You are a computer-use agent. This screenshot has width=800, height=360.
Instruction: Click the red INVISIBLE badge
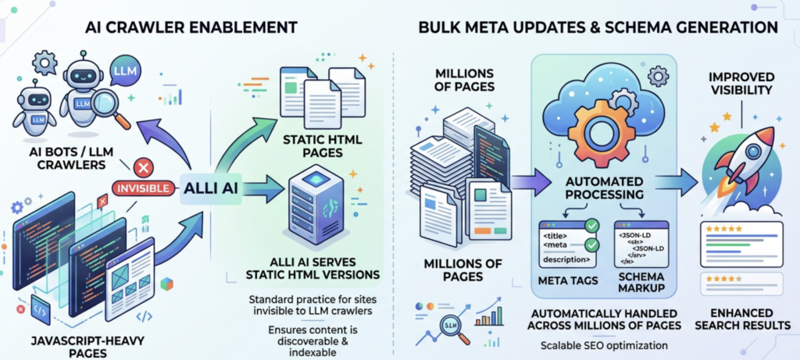142,188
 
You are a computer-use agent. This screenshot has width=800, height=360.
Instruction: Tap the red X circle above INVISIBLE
142,166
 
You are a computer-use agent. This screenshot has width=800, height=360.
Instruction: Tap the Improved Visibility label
741,84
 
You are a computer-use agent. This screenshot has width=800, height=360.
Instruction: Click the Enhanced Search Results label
741,319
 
